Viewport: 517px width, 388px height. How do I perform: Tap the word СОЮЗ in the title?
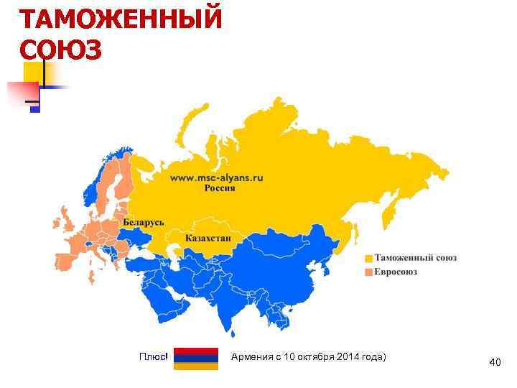click(x=62, y=50)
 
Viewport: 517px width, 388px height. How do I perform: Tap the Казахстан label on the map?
click(x=208, y=238)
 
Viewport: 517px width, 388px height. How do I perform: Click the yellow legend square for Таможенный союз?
click(x=368, y=258)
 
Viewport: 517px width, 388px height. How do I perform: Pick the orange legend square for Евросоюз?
click(x=368, y=272)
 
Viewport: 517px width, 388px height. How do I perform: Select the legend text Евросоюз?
click(x=395, y=272)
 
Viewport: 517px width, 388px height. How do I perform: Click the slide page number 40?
click(x=495, y=363)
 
